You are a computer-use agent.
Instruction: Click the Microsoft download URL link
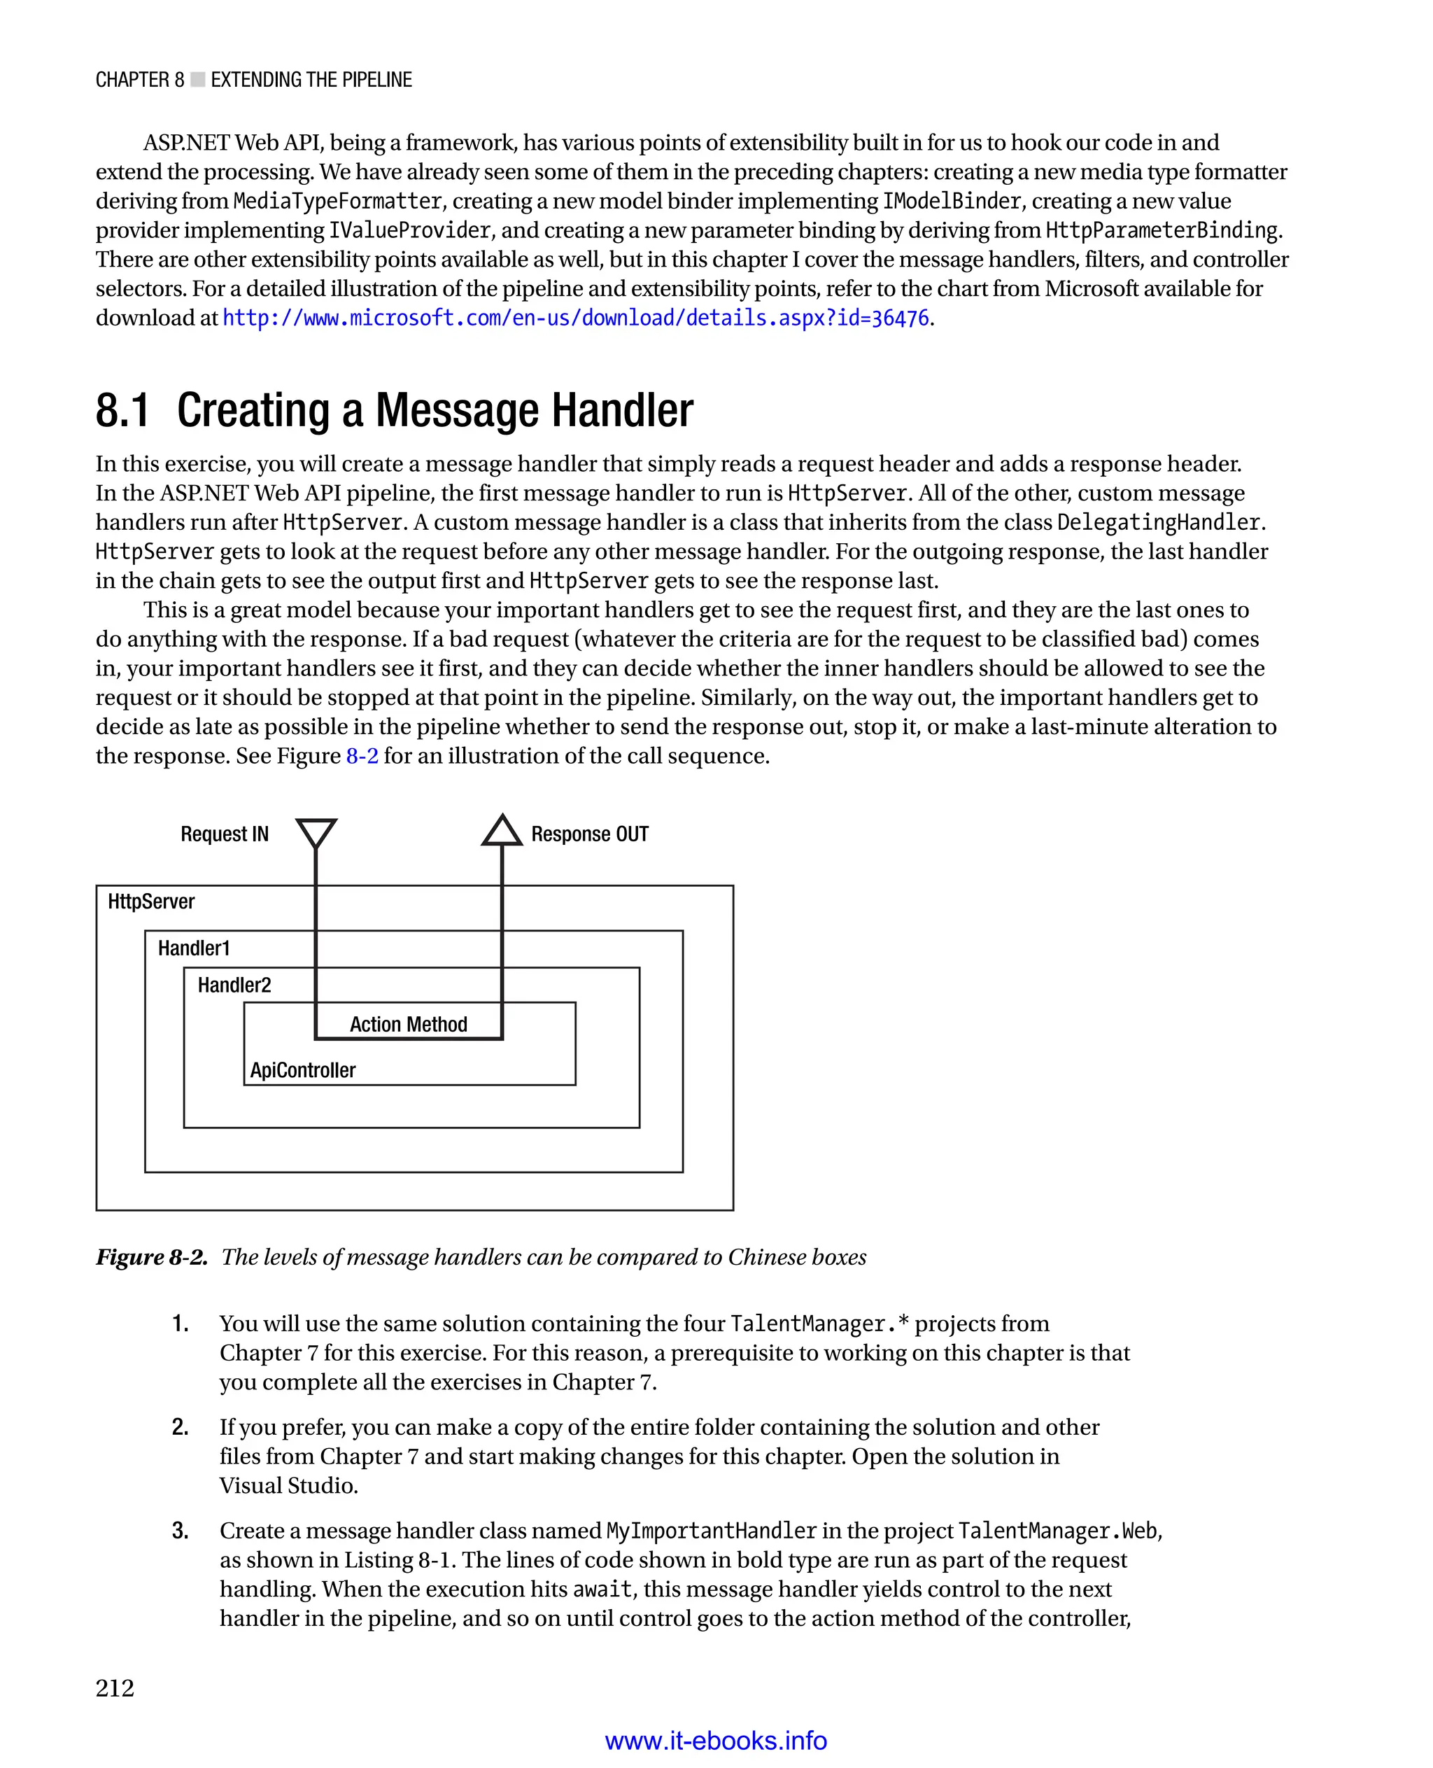click(575, 318)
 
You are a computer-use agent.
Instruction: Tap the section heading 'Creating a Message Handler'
click(435, 410)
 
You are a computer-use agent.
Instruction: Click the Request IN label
click(225, 834)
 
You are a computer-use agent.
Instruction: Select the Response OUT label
click(589, 834)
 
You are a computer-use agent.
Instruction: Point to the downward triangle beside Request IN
click(316, 832)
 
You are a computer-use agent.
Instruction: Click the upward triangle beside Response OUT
click(502, 832)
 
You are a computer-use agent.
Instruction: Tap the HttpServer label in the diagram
click(151, 901)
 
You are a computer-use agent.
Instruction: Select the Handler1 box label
click(193, 948)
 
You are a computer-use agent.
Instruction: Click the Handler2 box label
click(234, 985)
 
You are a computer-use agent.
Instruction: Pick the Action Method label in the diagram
click(409, 1025)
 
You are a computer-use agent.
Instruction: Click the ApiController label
click(303, 1070)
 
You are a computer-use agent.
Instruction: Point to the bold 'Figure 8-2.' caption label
click(152, 1257)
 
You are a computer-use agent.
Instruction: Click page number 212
click(115, 1688)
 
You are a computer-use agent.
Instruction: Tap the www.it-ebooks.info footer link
click(716, 1741)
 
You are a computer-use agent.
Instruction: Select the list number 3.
click(180, 1530)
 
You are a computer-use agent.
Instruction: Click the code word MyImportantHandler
click(711, 1531)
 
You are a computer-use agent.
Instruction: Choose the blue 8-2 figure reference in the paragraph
click(362, 756)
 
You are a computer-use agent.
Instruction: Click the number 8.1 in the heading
click(123, 410)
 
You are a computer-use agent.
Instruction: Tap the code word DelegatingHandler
click(1158, 523)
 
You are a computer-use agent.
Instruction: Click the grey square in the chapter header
click(198, 79)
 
